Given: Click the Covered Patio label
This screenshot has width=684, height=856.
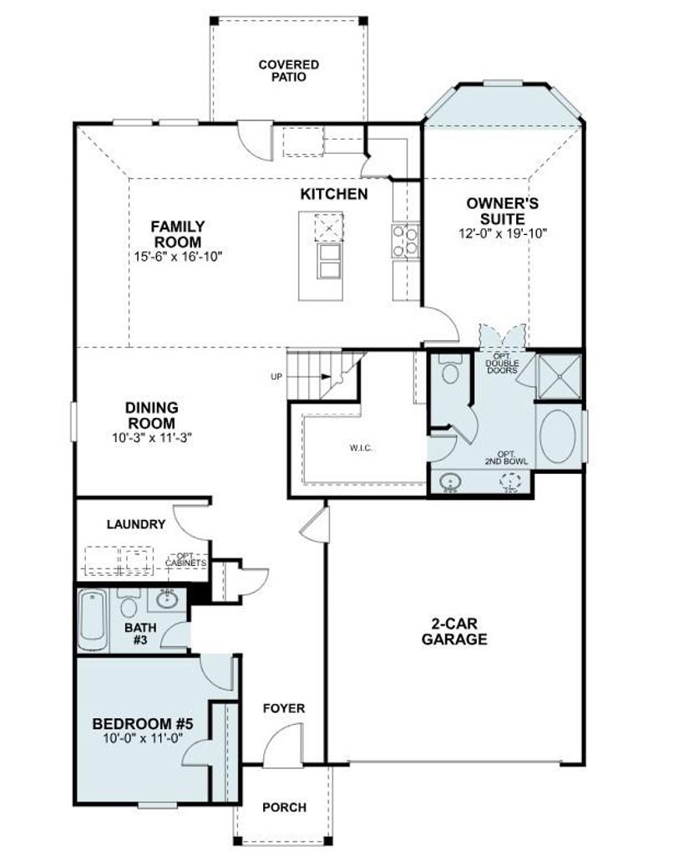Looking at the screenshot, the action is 288,71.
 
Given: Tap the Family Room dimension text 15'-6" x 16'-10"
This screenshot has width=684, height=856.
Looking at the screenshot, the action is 178,256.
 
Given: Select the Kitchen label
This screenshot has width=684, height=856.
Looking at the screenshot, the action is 334,194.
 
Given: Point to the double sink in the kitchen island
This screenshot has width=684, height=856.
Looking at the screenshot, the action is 329,261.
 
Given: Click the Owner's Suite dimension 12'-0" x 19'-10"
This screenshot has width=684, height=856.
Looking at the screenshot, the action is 503,233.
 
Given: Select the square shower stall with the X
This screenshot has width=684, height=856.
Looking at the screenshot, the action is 559,377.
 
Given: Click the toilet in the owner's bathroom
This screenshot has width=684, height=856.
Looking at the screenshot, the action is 450,369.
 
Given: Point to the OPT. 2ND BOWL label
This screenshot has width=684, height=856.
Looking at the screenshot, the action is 506,457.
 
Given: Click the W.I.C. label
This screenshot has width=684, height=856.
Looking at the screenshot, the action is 361,448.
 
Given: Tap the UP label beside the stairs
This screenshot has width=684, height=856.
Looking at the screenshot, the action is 276,376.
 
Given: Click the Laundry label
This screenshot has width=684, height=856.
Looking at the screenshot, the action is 136,525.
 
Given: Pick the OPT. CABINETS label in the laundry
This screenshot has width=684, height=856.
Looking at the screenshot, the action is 186,559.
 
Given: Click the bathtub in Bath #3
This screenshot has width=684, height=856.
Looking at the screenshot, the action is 92,622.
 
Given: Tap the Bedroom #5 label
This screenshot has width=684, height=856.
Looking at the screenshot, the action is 143,724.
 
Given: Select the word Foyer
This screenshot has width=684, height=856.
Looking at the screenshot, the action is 284,708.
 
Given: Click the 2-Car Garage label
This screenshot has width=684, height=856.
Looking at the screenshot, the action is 454,632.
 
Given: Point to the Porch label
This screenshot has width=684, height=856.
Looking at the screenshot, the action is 284,807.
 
